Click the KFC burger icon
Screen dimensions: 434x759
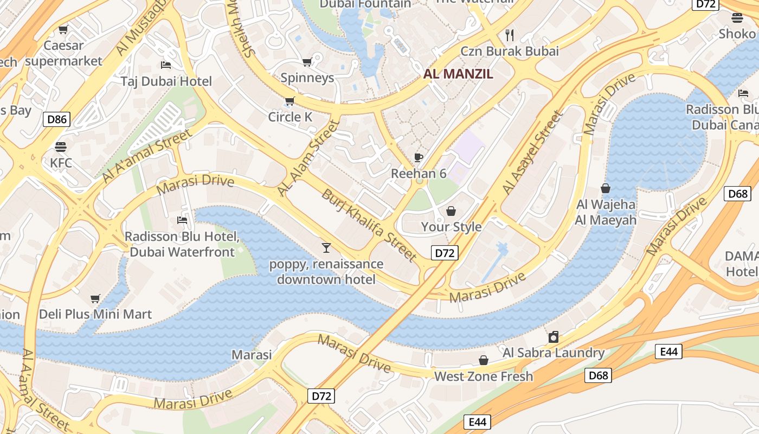coord(60,146)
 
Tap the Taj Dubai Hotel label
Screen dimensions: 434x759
coord(166,81)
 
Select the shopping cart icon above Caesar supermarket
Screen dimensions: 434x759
coord(63,29)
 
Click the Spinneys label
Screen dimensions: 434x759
coord(307,78)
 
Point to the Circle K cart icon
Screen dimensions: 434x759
coord(290,101)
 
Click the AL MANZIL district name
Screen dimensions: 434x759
coord(458,74)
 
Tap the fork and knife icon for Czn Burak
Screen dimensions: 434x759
coord(509,35)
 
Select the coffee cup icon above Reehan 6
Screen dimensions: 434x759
coord(418,157)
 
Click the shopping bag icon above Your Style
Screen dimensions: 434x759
coord(451,210)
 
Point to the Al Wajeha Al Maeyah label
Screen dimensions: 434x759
coord(606,212)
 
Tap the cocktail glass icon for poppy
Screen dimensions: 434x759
coord(326,248)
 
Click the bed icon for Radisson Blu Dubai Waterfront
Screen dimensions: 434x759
coord(182,220)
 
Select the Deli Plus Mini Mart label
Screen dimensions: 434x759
coord(95,314)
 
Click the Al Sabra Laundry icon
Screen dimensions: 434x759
coord(553,337)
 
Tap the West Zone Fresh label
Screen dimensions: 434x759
coord(484,376)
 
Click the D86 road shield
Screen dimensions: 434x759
coord(56,119)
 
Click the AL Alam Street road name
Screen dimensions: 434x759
coord(308,158)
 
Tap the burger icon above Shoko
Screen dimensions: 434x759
coord(737,18)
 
